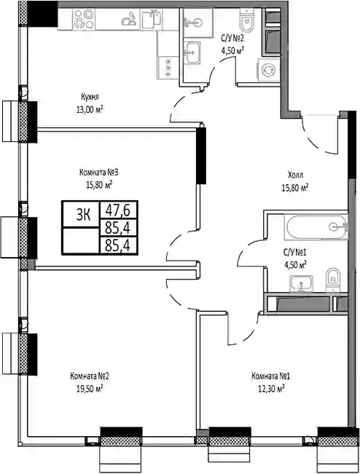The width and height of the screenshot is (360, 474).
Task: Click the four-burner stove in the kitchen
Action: click(x=84, y=19)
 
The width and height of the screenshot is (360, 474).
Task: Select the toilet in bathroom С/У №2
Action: click(x=246, y=20)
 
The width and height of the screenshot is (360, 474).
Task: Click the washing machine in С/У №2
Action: click(x=269, y=70)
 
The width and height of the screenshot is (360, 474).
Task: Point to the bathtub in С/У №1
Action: click(x=316, y=227)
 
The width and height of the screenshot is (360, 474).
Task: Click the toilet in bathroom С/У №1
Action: click(x=333, y=280)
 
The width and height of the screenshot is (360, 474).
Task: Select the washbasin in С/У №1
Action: click(x=301, y=283)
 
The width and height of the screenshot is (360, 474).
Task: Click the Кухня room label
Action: click(x=90, y=97)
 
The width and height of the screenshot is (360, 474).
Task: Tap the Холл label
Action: click(x=295, y=175)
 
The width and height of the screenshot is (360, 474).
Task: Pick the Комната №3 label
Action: click(x=98, y=173)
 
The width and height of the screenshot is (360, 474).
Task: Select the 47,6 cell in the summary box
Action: click(x=117, y=210)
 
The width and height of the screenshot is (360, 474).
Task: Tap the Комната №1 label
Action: click(x=271, y=376)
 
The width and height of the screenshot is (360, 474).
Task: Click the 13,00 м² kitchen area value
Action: click(x=90, y=109)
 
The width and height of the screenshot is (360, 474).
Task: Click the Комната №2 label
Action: click(x=89, y=376)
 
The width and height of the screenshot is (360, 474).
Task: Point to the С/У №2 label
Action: click(x=232, y=39)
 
